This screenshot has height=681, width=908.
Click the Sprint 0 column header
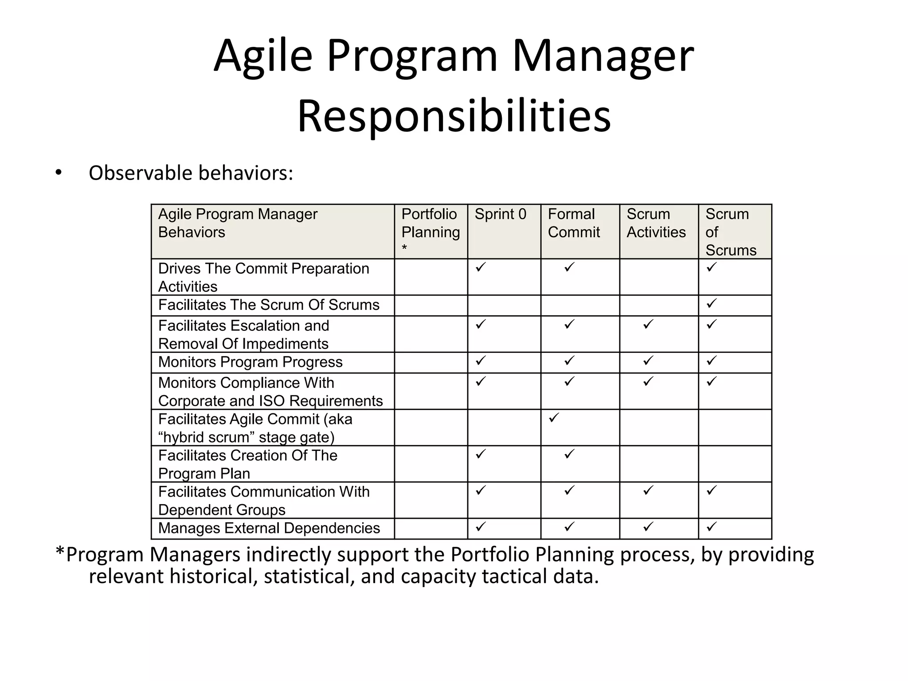(x=500, y=214)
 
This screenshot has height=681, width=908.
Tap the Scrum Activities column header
(x=656, y=223)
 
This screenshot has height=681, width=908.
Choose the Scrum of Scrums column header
(x=731, y=232)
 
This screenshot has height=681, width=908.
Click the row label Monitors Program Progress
(x=250, y=362)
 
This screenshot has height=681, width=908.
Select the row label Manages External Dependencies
(x=269, y=528)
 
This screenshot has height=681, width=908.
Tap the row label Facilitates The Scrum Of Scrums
(x=269, y=305)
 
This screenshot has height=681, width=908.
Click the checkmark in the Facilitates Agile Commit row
(x=554, y=418)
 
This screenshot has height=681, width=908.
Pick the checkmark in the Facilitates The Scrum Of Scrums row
(x=712, y=304)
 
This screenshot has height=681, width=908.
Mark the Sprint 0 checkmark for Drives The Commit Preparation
(x=481, y=267)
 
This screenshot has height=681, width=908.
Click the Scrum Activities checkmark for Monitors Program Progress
(x=648, y=361)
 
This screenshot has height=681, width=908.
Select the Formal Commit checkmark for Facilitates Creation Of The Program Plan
(x=569, y=454)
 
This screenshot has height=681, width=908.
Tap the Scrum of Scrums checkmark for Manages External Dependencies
(x=712, y=527)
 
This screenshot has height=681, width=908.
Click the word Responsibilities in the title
(x=454, y=116)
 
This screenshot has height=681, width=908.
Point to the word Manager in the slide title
(x=603, y=56)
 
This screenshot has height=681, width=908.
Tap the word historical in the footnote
(x=213, y=576)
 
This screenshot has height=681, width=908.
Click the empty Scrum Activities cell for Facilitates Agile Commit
(x=659, y=427)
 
